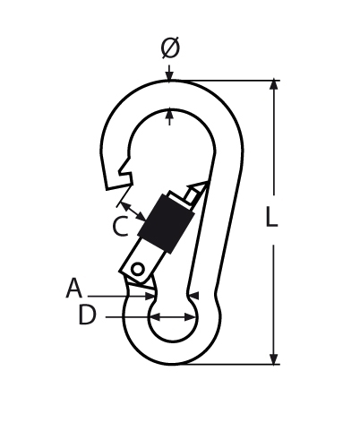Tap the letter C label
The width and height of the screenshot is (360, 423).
click(x=121, y=228)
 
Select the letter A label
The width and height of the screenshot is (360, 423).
click(x=74, y=288)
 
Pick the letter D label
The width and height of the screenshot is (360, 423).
click(x=87, y=315)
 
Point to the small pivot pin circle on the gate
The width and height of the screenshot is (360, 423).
click(x=137, y=268)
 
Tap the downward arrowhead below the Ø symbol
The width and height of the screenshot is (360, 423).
click(x=170, y=75)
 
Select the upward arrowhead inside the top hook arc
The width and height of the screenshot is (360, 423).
click(x=170, y=115)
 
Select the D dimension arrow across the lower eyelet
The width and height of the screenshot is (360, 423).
click(x=173, y=316)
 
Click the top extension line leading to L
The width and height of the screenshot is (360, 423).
click(x=233, y=81)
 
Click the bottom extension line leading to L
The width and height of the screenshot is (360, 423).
click(x=233, y=364)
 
